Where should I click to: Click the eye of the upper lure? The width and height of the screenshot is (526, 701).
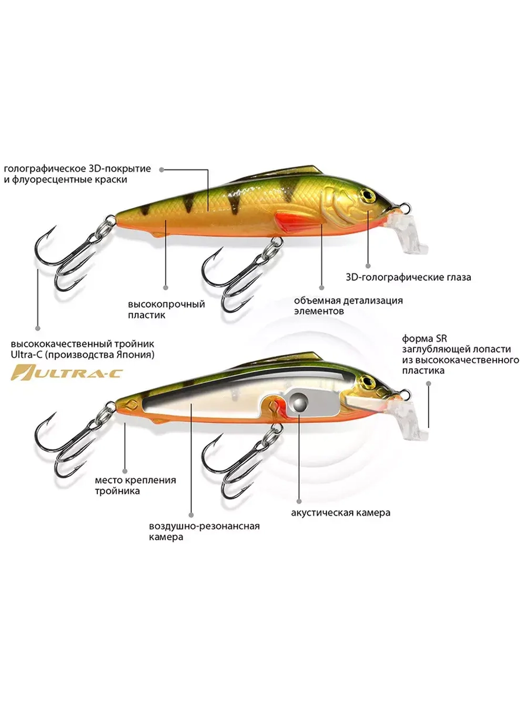click(367, 194)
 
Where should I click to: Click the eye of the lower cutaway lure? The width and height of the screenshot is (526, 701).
click(367, 381)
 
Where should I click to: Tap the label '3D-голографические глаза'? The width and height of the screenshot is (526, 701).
click(409, 277)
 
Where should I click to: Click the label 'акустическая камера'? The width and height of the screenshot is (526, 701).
click(341, 513)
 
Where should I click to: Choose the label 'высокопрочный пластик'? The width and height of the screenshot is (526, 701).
click(166, 309)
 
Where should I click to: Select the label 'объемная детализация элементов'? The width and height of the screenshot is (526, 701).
click(348, 306)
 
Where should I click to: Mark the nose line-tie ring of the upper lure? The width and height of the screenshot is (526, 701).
click(405, 207)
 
